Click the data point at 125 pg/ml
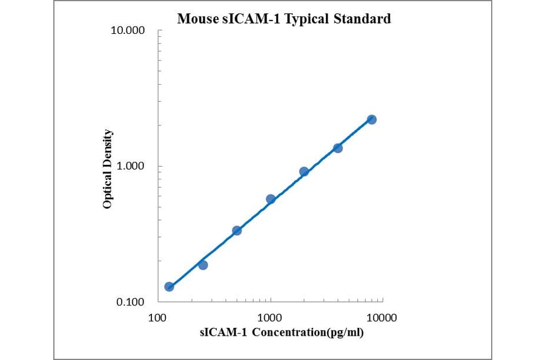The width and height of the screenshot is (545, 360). click(x=169, y=287)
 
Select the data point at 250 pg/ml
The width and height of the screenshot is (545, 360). click(x=203, y=265)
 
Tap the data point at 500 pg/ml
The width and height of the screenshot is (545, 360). click(x=237, y=230)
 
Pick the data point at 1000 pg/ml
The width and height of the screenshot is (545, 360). click(x=271, y=199)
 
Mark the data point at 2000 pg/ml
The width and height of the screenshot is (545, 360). click(x=304, y=172)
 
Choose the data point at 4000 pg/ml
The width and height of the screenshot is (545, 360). click(x=338, y=148)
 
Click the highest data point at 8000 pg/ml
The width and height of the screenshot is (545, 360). click(x=372, y=119)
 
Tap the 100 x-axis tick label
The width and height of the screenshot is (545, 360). click(x=158, y=317)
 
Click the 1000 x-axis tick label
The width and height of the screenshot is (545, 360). click(x=269, y=317)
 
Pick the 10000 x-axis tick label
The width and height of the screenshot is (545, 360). click(x=381, y=317)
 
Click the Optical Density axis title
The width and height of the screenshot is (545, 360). click(x=107, y=168)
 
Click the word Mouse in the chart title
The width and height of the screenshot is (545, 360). click(x=196, y=19)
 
